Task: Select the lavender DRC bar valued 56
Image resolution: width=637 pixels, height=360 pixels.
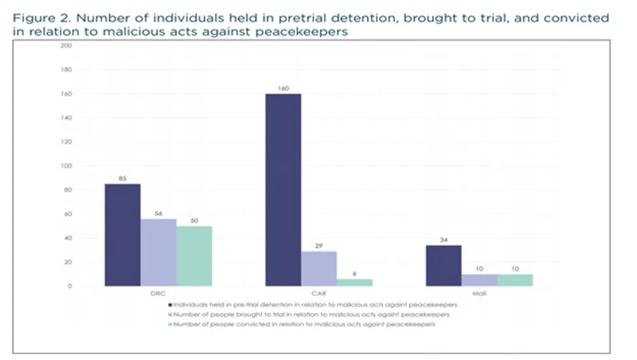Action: click(x=158, y=252)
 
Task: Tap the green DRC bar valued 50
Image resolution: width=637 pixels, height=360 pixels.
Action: click(x=194, y=256)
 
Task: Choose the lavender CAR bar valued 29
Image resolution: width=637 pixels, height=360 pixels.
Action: click(x=318, y=268)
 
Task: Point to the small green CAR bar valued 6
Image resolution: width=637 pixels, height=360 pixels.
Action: click(x=354, y=282)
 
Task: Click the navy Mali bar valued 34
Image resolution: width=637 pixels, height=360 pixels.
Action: click(x=443, y=265)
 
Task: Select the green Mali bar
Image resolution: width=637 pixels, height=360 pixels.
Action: click(x=515, y=280)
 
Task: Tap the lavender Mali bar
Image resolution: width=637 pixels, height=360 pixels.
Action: click(x=479, y=280)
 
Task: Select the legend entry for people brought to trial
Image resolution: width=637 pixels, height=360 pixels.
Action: click(x=312, y=315)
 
